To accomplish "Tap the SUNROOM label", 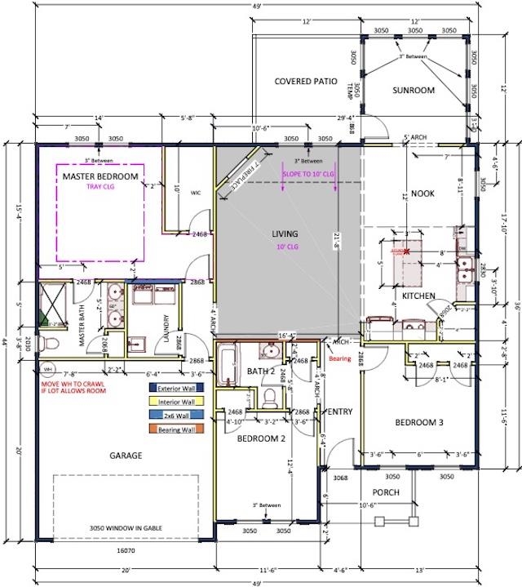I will pos(412,90).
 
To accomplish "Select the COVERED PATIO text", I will pos(306,81).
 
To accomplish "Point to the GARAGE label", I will pos(126,456).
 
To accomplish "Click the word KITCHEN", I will pos(418,296).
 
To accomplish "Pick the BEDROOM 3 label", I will pos(419,422).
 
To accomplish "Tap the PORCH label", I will pos(387,492).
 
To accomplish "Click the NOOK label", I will pos(422,193).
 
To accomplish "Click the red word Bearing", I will pos(339,358).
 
